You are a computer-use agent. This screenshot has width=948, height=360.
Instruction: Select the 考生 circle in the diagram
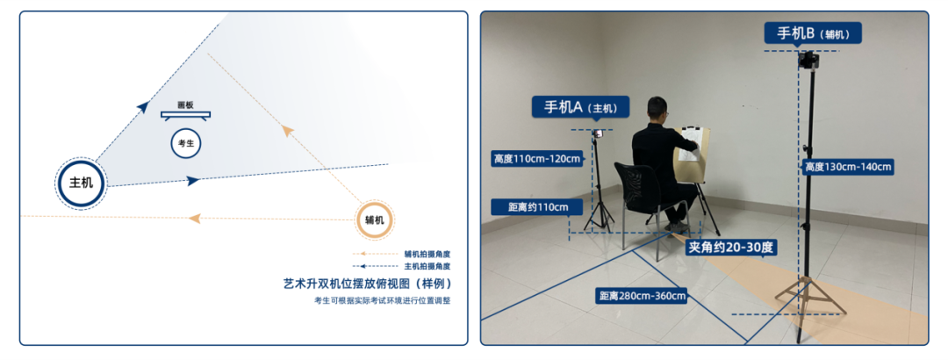[x=185, y=144]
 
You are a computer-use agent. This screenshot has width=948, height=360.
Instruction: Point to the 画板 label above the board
[x=185, y=104]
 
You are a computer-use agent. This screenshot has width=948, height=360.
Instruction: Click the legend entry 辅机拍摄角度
[x=427, y=254]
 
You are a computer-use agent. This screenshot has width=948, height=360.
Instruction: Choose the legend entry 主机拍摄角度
[x=427, y=266]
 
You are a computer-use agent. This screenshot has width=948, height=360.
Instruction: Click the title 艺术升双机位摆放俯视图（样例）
[x=368, y=284]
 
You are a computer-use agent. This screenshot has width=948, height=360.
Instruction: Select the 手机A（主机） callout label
[x=580, y=107]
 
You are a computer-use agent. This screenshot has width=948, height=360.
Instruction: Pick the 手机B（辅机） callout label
[x=813, y=33]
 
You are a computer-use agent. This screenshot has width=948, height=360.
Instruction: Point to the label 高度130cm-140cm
[x=848, y=167]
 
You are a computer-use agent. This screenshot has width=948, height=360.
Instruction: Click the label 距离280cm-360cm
[x=643, y=297]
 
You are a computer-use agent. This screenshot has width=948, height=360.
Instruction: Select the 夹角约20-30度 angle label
[x=729, y=247]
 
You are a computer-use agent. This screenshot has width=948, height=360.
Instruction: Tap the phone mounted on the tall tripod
[x=808, y=60]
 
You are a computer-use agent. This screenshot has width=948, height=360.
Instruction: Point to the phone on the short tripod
[x=598, y=133]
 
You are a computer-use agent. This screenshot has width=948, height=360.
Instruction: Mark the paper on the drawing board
[x=691, y=143]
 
